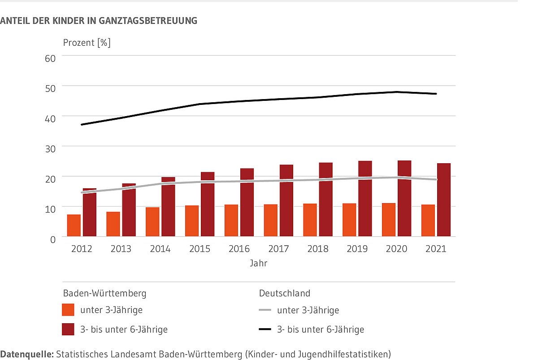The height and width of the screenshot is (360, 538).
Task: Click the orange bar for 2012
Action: pyautogui.click(x=74, y=226)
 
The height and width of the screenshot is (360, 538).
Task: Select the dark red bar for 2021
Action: pyautogui.click(x=444, y=200)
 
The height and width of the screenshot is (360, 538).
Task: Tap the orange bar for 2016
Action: pyautogui.click(x=231, y=221)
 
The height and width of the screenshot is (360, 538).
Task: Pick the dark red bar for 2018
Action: pyautogui.click(x=326, y=200)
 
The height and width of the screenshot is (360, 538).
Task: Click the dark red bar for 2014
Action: pyautogui.click(x=168, y=207)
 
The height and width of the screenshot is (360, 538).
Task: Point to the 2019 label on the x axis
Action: pyautogui.click(x=357, y=249)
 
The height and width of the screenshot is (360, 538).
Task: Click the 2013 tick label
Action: pyautogui.click(x=121, y=249)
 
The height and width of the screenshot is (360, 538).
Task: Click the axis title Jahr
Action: pyautogui.click(x=259, y=264)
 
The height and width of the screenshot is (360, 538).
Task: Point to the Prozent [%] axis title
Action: pyautogui.click(x=87, y=43)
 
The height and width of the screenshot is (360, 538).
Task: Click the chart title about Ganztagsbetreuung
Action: pyautogui.click(x=99, y=21)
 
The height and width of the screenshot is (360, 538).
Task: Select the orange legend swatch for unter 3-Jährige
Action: pyautogui.click(x=68, y=310)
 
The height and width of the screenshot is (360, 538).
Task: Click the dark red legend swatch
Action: pyautogui.click(x=68, y=330)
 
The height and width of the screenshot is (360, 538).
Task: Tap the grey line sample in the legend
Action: pyautogui.click(x=265, y=310)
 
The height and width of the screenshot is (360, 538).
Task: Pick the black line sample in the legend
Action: pyautogui.click(x=265, y=330)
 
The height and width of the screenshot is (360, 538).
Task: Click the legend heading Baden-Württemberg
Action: pyautogui.click(x=104, y=294)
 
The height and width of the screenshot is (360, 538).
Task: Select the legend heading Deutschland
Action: pyautogui.click(x=285, y=294)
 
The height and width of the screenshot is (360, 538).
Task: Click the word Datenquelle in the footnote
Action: pyautogui.click(x=26, y=354)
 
